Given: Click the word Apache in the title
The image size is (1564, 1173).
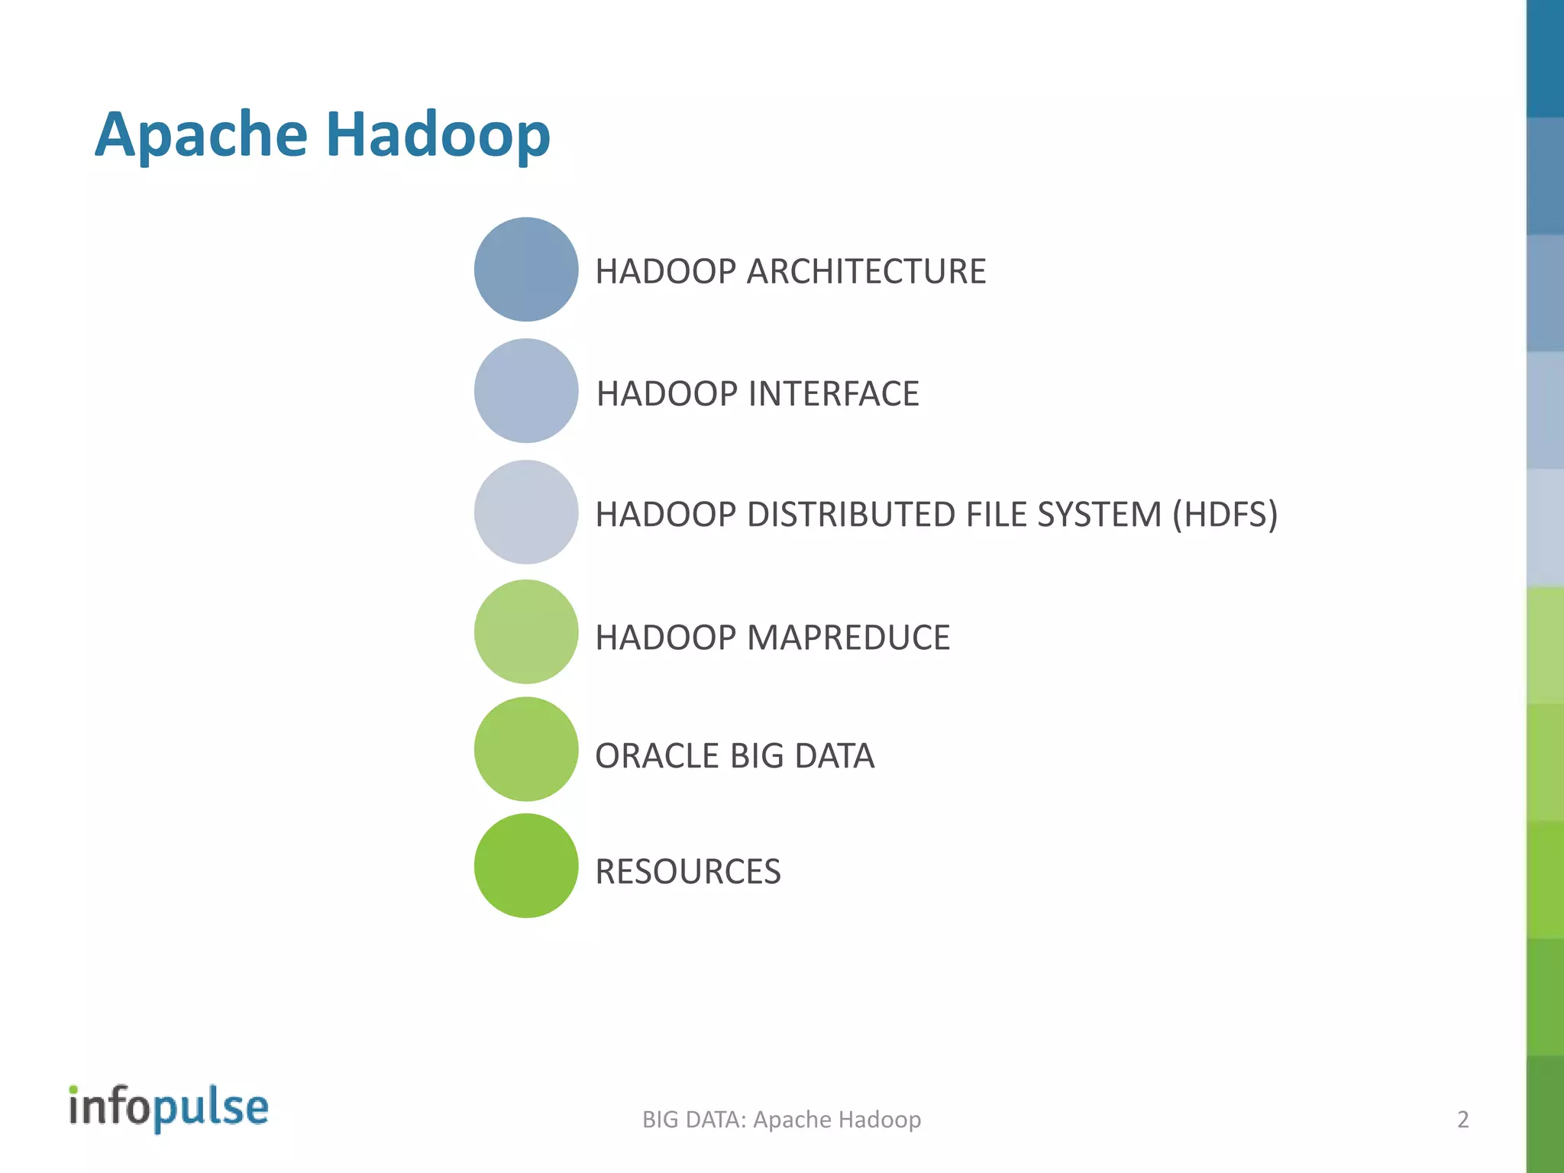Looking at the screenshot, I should pyautogui.click(x=201, y=135).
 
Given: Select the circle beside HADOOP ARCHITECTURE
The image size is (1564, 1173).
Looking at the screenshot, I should pyautogui.click(x=525, y=270).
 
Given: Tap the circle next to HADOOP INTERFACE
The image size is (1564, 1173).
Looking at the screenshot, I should pyautogui.click(x=525, y=391).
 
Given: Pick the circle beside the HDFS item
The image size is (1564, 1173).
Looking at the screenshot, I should pyautogui.click(x=525, y=512).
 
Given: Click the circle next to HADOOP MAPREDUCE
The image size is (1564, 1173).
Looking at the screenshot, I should pyautogui.click(x=525, y=632).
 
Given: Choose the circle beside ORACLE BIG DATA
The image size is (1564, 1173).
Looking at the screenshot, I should pyautogui.click(x=525, y=749).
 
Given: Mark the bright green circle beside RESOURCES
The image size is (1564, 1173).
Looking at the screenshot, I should pyautogui.click(x=525, y=866).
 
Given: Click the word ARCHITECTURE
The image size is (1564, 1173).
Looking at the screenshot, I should pyautogui.click(x=866, y=272).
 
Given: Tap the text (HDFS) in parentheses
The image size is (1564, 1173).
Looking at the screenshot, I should pyautogui.click(x=1224, y=515).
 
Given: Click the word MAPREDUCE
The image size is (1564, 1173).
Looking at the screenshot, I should pyautogui.click(x=848, y=638).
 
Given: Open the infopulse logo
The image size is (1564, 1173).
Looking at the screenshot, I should pyautogui.click(x=169, y=1107).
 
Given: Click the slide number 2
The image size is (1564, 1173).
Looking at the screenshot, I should pyautogui.click(x=1462, y=1120).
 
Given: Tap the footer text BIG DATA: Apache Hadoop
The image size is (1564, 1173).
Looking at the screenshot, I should pyautogui.click(x=781, y=1120).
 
